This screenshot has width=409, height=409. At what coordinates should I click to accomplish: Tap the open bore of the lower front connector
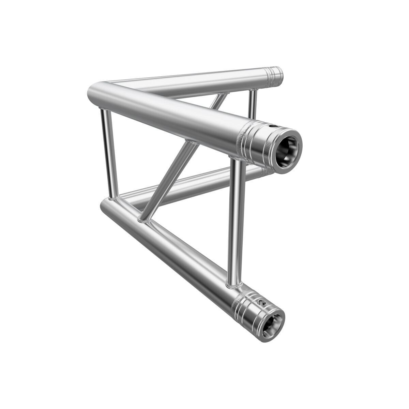[273, 322]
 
